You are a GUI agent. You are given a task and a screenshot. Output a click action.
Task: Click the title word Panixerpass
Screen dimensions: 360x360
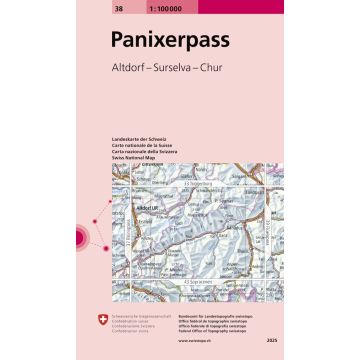179,41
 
